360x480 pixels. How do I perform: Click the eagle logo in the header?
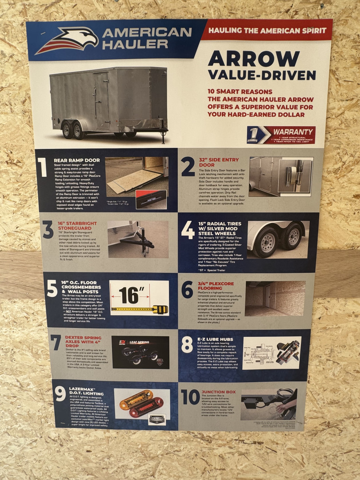67,40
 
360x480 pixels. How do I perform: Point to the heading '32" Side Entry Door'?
219,162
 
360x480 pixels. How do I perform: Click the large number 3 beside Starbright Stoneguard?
48,230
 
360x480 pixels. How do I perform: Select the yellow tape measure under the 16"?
140,308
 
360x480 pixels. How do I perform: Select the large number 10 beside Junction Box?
190,397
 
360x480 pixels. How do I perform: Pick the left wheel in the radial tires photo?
265,243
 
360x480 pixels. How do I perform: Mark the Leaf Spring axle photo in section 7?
140,352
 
